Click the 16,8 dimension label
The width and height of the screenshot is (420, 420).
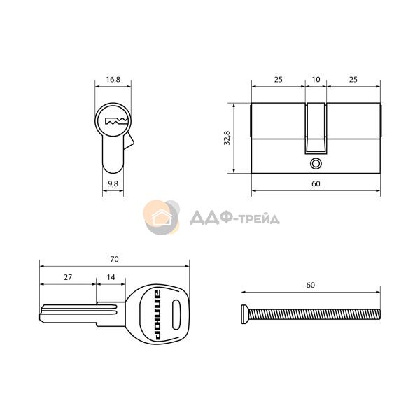click(113, 79)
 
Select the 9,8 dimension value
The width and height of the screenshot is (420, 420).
click(113, 183)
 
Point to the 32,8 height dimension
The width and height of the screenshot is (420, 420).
click(227, 138)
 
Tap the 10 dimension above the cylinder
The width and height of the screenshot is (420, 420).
click(316, 79)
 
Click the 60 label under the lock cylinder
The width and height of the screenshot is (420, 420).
click(316, 183)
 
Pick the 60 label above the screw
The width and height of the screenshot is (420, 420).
click(310, 285)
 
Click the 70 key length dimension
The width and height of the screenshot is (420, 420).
click(114, 259)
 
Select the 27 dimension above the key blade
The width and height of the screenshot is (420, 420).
click(68, 277)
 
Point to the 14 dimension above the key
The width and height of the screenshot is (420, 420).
click(111, 277)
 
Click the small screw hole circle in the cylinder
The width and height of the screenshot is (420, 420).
click(316, 163)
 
